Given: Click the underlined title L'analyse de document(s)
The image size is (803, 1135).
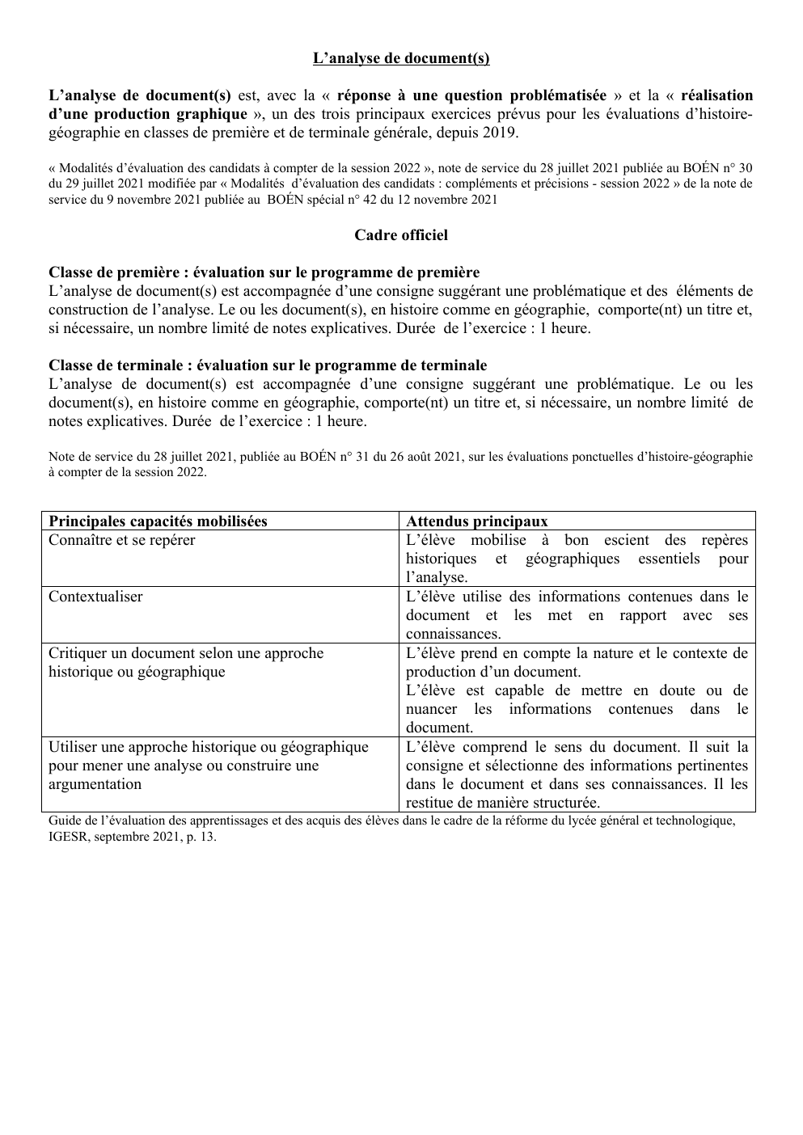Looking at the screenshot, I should click(401, 58).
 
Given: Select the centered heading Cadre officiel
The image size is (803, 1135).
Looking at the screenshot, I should click(401, 235).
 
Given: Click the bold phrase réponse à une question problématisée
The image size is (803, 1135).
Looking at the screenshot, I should click(471, 95).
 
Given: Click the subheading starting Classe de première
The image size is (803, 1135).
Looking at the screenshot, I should click(264, 272).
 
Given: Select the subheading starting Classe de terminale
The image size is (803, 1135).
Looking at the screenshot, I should click(268, 365).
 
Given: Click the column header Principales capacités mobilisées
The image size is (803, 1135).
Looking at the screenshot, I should click(158, 521).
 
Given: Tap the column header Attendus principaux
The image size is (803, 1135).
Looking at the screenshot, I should click(476, 521).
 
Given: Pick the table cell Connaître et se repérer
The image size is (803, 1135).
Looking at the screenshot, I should click(122, 540).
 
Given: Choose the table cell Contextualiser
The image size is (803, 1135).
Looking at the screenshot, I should click(95, 597).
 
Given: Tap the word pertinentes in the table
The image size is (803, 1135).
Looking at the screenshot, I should click(708, 766).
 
